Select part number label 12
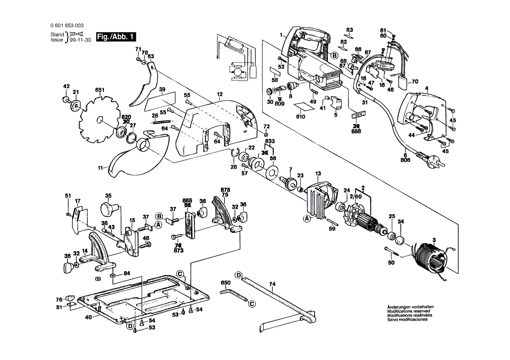pyautogui.click(x=220, y=94)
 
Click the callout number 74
pyautogui.click(x=272, y=284)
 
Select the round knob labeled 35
pyautogui.click(x=109, y=208)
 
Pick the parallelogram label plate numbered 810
pyautogui.click(x=301, y=106)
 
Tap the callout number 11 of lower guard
pyautogui.click(x=101, y=168)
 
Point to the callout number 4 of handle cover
pyautogui.click(x=427, y=89)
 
